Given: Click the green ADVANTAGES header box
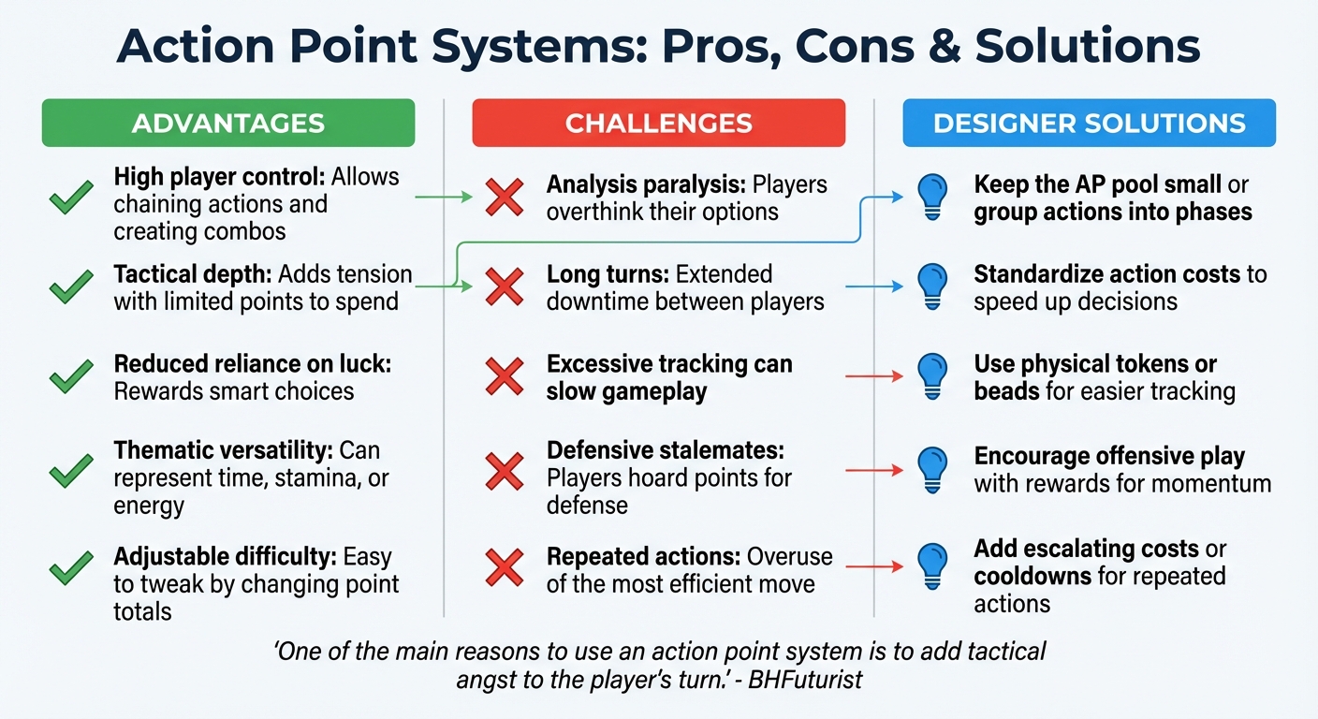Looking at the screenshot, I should coord(227,123).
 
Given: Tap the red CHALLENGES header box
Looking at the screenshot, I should coord(658,123).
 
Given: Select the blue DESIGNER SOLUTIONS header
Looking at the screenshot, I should coord(1089,123).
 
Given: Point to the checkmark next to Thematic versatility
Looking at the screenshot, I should coord(71,470).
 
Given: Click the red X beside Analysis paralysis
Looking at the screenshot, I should coord(505,198).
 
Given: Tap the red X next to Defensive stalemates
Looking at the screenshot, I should coord(505,470).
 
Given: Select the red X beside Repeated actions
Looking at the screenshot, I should coord(505,567).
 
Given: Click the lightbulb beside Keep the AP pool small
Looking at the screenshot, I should coord(931,198).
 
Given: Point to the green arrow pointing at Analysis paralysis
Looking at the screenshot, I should coord(444,198).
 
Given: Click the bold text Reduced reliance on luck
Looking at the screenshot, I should coord(252,363).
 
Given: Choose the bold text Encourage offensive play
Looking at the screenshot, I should coord(1109,456).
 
